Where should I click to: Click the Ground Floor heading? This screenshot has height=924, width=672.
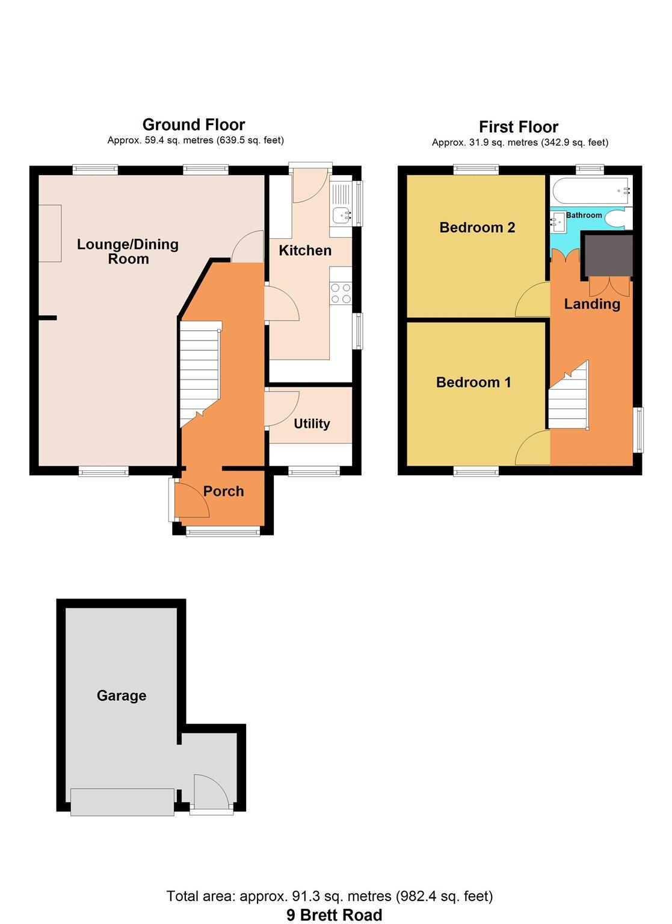coord(194,125)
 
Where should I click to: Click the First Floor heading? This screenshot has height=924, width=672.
coord(518,127)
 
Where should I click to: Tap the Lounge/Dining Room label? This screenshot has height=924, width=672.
coord(128,251)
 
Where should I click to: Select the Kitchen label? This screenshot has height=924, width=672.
coord(305,250)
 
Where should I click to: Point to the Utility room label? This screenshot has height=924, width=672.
coord(312,423)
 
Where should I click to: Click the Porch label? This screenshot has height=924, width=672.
coord(223,491)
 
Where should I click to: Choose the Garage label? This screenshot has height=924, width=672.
coord(122,695)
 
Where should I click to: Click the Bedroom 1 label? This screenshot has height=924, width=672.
coord(473,382)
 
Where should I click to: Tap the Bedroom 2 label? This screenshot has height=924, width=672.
coord(477,227)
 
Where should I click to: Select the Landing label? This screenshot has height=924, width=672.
coord(592,304)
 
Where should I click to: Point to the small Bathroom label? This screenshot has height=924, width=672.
coord(584,215)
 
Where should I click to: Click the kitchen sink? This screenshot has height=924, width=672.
coord(342,214)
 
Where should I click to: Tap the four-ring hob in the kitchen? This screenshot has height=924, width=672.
coord(341,294)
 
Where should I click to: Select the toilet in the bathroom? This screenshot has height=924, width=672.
coord(616,218)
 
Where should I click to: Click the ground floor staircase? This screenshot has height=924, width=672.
coord(200,373)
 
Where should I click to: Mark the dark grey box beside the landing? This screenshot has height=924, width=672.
coord(608,255)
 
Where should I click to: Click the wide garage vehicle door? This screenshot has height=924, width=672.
coord(122,802)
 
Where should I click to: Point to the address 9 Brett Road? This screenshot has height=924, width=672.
coord(334,915)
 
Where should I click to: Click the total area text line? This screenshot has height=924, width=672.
coord(330,896)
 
